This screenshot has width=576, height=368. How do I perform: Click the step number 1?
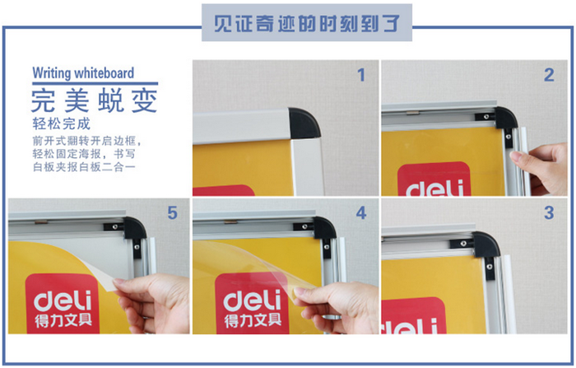click(361, 75)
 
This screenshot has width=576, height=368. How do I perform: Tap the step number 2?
click(549, 75)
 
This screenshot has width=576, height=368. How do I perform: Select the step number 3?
click(549, 212)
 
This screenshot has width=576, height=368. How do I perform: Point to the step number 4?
click(361, 212)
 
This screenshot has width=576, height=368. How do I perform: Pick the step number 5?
click(173, 212)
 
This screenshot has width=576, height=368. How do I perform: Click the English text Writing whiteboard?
click(83, 72)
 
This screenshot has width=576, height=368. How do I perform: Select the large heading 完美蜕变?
click(95, 100)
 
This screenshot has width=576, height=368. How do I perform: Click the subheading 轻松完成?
click(62, 123)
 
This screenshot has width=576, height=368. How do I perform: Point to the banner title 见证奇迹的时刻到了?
click(307, 23)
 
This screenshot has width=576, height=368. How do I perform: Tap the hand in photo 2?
click(540, 167)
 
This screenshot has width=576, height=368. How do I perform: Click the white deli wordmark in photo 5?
click(63, 300)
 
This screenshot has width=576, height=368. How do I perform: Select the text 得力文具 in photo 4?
click(253, 321)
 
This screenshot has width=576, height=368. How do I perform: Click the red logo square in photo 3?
click(414, 315)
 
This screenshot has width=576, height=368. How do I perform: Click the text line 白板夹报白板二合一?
click(85, 167)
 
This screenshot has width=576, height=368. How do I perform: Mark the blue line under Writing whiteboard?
click(95, 83)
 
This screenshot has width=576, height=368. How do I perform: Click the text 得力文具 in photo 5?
click(63, 321)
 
